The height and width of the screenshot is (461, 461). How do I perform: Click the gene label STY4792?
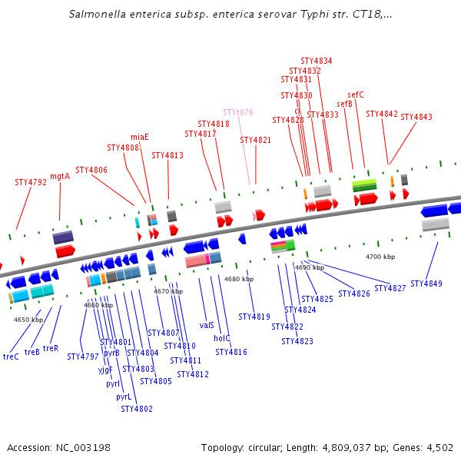coord(31,183)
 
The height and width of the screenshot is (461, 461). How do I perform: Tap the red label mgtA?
coord(60,176)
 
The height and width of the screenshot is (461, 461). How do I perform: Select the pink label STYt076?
coord(238,113)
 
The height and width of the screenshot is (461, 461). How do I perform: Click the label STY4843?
coord(416,118)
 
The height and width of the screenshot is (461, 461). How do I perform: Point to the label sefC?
coord(356,95)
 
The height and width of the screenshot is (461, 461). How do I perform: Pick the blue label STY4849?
coord(426,284)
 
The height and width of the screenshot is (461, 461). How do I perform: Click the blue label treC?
coord(11,357)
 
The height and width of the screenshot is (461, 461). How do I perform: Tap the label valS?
coord(207,326)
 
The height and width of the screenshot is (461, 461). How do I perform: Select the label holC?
coord(222,338)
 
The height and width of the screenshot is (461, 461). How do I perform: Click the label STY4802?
coord(137,409)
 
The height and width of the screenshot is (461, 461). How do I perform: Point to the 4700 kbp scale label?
coord(380,257)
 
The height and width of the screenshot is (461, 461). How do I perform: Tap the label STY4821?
coord(256,141)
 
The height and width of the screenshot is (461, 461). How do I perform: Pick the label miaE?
coord(140,138)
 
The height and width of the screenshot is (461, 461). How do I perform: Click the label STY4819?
coord(254,317)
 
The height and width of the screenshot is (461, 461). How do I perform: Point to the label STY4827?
coord(390,289)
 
